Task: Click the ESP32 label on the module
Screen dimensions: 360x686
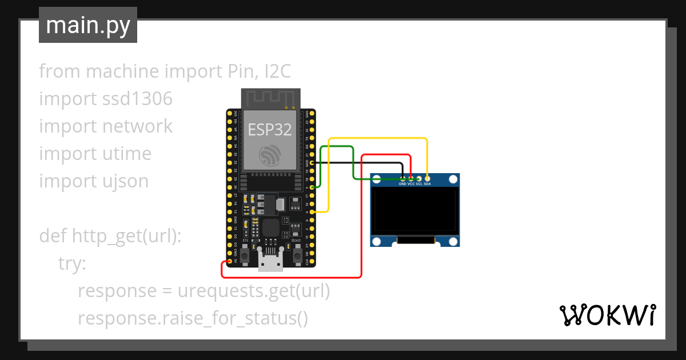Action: coord(270,130)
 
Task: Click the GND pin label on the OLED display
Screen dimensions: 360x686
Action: coord(402,185)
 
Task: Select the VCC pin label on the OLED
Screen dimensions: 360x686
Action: coord(411,185)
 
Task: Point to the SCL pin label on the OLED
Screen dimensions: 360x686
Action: coord(419,185)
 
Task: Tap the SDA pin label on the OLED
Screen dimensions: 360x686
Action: coord(428,185)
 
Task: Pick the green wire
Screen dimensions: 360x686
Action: coord(337,146)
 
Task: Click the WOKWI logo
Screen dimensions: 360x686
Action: coord(607,315)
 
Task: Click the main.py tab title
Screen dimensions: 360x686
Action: coord(87,25)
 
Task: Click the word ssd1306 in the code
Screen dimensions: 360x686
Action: coord(137,99)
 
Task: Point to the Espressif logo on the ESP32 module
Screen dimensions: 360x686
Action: coord(270,156)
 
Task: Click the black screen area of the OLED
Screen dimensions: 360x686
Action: coord(414,211)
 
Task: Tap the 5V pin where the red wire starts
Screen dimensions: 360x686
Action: coord(230,262)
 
